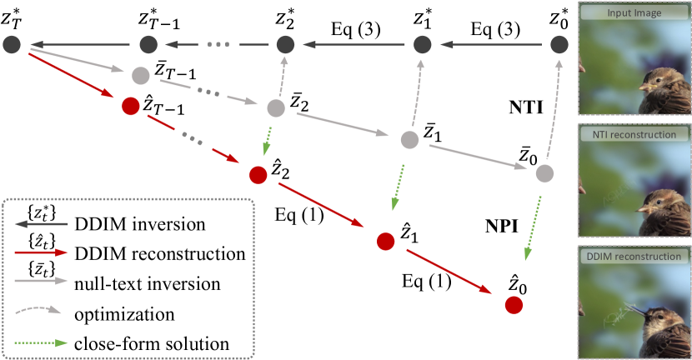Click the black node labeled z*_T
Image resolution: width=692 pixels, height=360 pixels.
tap(12, 44)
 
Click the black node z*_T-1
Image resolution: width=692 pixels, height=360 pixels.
tap(148, 44)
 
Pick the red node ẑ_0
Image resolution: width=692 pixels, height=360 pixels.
tap(514, 305)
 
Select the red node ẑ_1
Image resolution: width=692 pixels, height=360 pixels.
tap(385, 242)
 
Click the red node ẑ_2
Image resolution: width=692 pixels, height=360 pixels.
tap(258, 176)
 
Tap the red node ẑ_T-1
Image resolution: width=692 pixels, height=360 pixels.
tap(129, 107)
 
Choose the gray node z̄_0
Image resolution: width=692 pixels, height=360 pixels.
tap(544, 174)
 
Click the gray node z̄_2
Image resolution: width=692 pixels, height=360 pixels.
tap(276, 107)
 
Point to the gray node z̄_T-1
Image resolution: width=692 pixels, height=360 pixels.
tap(140, 75)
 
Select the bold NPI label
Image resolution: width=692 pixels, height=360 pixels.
tap(504, 226)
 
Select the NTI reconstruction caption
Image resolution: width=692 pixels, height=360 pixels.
tap(635, 134)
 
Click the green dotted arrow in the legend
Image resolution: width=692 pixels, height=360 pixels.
tap(41, 342)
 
